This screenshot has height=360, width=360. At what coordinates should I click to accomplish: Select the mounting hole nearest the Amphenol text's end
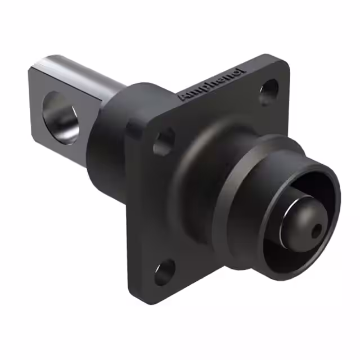point(269,92)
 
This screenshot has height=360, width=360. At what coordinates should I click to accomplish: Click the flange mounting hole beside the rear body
point(164,142)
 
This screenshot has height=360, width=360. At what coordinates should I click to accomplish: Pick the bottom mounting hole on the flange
point(165,272)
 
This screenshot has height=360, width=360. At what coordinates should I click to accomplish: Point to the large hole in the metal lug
point(61,118)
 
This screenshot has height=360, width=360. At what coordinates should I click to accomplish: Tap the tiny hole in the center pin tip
point(316,231)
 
